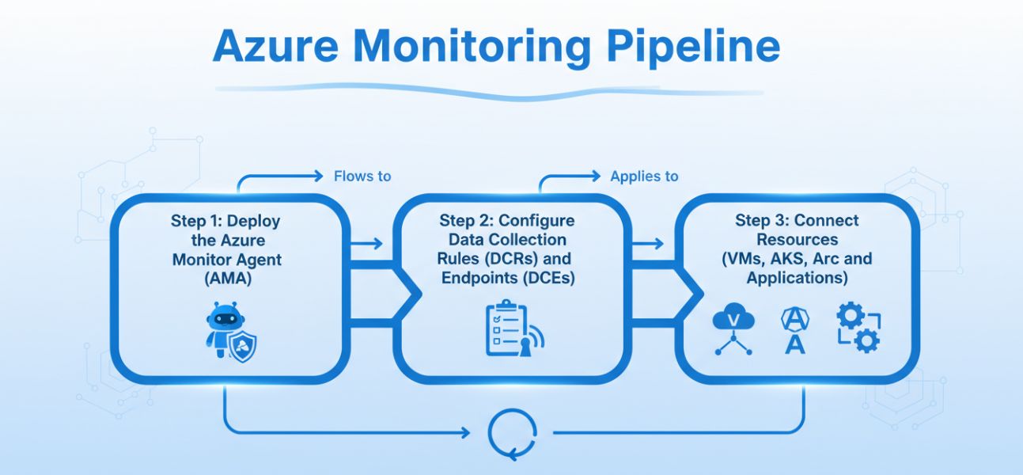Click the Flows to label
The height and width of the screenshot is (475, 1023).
click(362, 177)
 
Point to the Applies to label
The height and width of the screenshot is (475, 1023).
click(644, 177)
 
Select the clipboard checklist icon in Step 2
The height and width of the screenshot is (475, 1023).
click(506, 329)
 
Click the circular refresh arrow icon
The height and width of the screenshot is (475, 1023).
click(506, 434)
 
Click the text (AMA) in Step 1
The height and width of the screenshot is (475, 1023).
click(225, 278)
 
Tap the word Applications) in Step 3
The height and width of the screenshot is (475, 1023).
click(797, 278)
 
